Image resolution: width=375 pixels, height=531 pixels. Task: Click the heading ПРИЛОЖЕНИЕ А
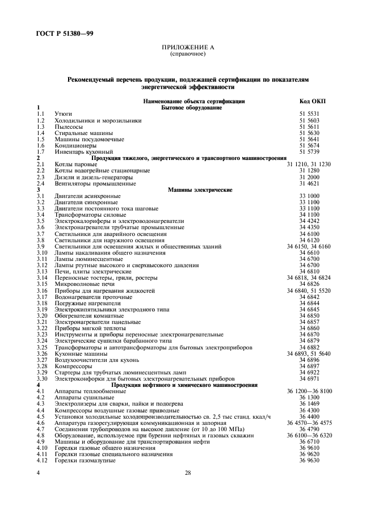click(187, 48)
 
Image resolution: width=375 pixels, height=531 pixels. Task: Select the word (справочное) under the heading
click(187, 54)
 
